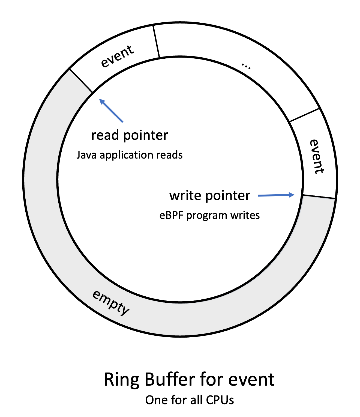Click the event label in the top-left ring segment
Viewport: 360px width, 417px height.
(117, 56)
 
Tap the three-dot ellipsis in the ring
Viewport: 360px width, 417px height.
(246, 66)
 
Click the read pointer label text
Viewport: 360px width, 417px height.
(130, 135)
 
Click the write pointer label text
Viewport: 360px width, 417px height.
(209, 196)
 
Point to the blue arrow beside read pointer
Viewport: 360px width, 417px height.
(111, 110)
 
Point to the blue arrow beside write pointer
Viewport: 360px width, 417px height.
(276, 195)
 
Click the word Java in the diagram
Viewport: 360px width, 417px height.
(86, 155)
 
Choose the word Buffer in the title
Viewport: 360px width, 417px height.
(170, 380)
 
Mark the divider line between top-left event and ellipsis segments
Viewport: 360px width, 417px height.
(156, 41)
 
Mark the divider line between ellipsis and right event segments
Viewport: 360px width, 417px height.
(304, 115)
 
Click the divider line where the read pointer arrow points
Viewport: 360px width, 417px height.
(81, 81)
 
